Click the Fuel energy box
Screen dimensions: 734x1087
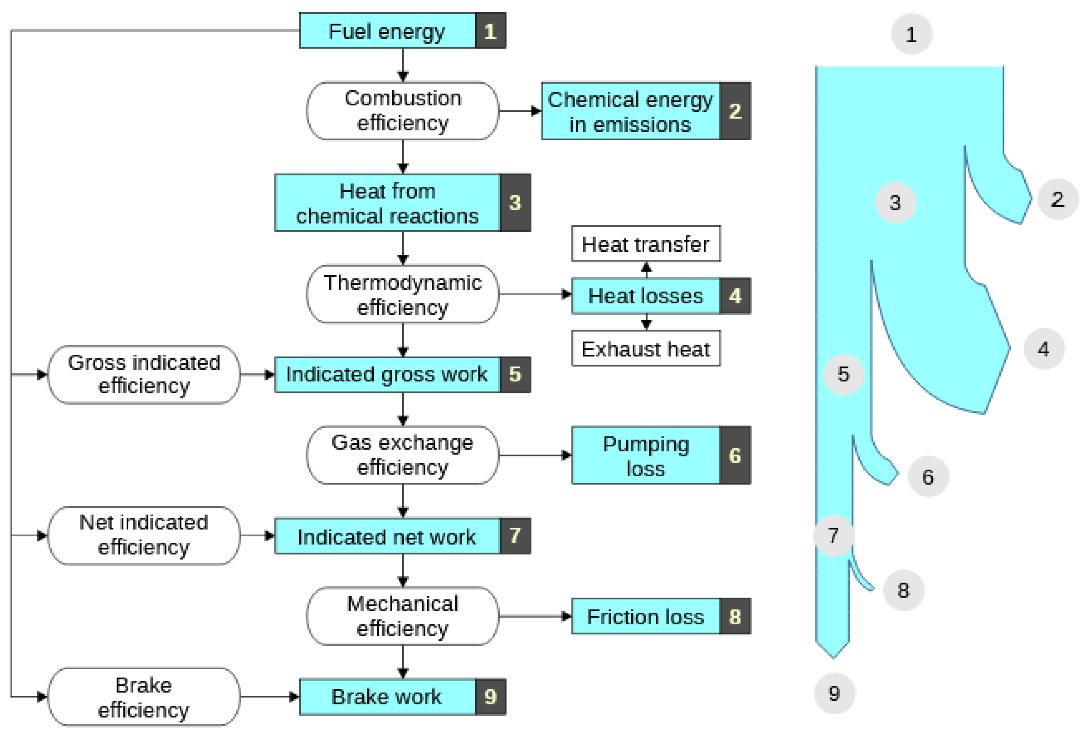[x=387, y=31]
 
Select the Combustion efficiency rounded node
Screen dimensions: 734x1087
[x=403, y=111]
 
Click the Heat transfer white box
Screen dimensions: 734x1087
[x=645, y=244]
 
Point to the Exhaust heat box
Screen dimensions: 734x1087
[x=645, y=349]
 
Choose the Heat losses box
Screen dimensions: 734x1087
[x=645, y=296]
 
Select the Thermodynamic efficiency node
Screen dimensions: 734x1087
[x=403, y=295]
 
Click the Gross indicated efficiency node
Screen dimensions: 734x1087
[x=144, y=374]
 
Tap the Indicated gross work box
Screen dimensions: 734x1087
[x=387, y=374]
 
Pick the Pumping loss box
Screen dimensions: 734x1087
[x=645, y=455]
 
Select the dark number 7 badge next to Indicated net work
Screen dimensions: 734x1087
[x=515, y=535]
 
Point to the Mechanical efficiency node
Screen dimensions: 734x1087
[x=403, y=616]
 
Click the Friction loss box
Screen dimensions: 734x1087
[x=645, y=616]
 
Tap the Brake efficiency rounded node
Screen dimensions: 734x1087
[x=144, y=697]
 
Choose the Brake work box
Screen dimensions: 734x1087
[x=387, y=697]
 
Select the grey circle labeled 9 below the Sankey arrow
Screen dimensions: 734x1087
[x=835, y=693]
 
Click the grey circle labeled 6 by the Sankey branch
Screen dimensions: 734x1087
[x=928, y=476]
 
